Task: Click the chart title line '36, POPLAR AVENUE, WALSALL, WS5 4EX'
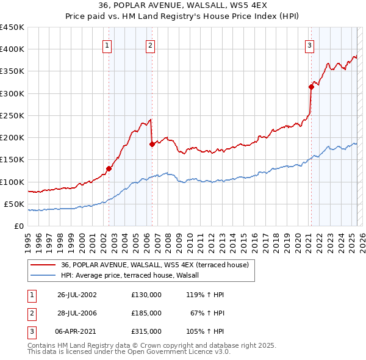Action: click(x=182, y=5)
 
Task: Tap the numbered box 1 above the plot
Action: click(x=107, y=45)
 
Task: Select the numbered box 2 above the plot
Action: click(x=150, y=45)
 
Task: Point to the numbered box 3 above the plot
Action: click(x=309, y=45)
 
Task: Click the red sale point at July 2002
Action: click(x=109, y=168)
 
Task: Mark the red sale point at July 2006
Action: click(x=152, y=145)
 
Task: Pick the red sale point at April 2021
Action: click(x=310, y=87)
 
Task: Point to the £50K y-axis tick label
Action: click(x=15, y=204)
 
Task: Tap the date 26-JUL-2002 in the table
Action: click(x=77, y=294)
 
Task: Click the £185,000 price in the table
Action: click(x=146, y=313)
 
